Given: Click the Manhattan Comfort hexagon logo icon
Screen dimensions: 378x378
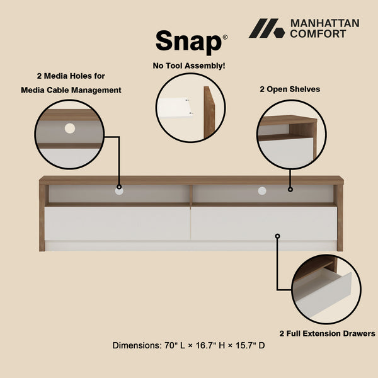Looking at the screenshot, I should point(266,28).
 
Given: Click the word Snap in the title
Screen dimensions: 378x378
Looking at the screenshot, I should point(188,42).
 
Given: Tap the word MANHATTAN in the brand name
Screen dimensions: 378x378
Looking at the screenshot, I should point(324,23).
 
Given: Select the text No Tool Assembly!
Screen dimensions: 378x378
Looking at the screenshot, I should point(189,65).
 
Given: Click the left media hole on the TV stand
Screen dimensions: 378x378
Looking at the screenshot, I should point(119,189).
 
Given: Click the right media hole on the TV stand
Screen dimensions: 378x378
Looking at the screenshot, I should point(262,190).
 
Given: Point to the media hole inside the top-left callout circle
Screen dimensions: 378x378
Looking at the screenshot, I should point(69,128).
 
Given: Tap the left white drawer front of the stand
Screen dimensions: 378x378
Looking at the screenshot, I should point(117,223).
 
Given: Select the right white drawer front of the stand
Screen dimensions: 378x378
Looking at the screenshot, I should point(263,223).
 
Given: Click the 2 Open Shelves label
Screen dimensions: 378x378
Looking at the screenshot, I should point(290,89).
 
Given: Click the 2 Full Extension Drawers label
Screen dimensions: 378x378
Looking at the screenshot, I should point(328,333).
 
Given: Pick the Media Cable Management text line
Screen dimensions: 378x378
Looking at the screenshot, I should point(71,90).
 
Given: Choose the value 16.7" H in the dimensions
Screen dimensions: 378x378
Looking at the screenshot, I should point(212,346).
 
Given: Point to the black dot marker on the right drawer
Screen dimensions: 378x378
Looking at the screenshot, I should point(277,236).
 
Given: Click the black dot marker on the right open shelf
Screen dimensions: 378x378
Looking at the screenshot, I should point(290,189).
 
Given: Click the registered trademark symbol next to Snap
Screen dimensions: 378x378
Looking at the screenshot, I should point(225,37).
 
